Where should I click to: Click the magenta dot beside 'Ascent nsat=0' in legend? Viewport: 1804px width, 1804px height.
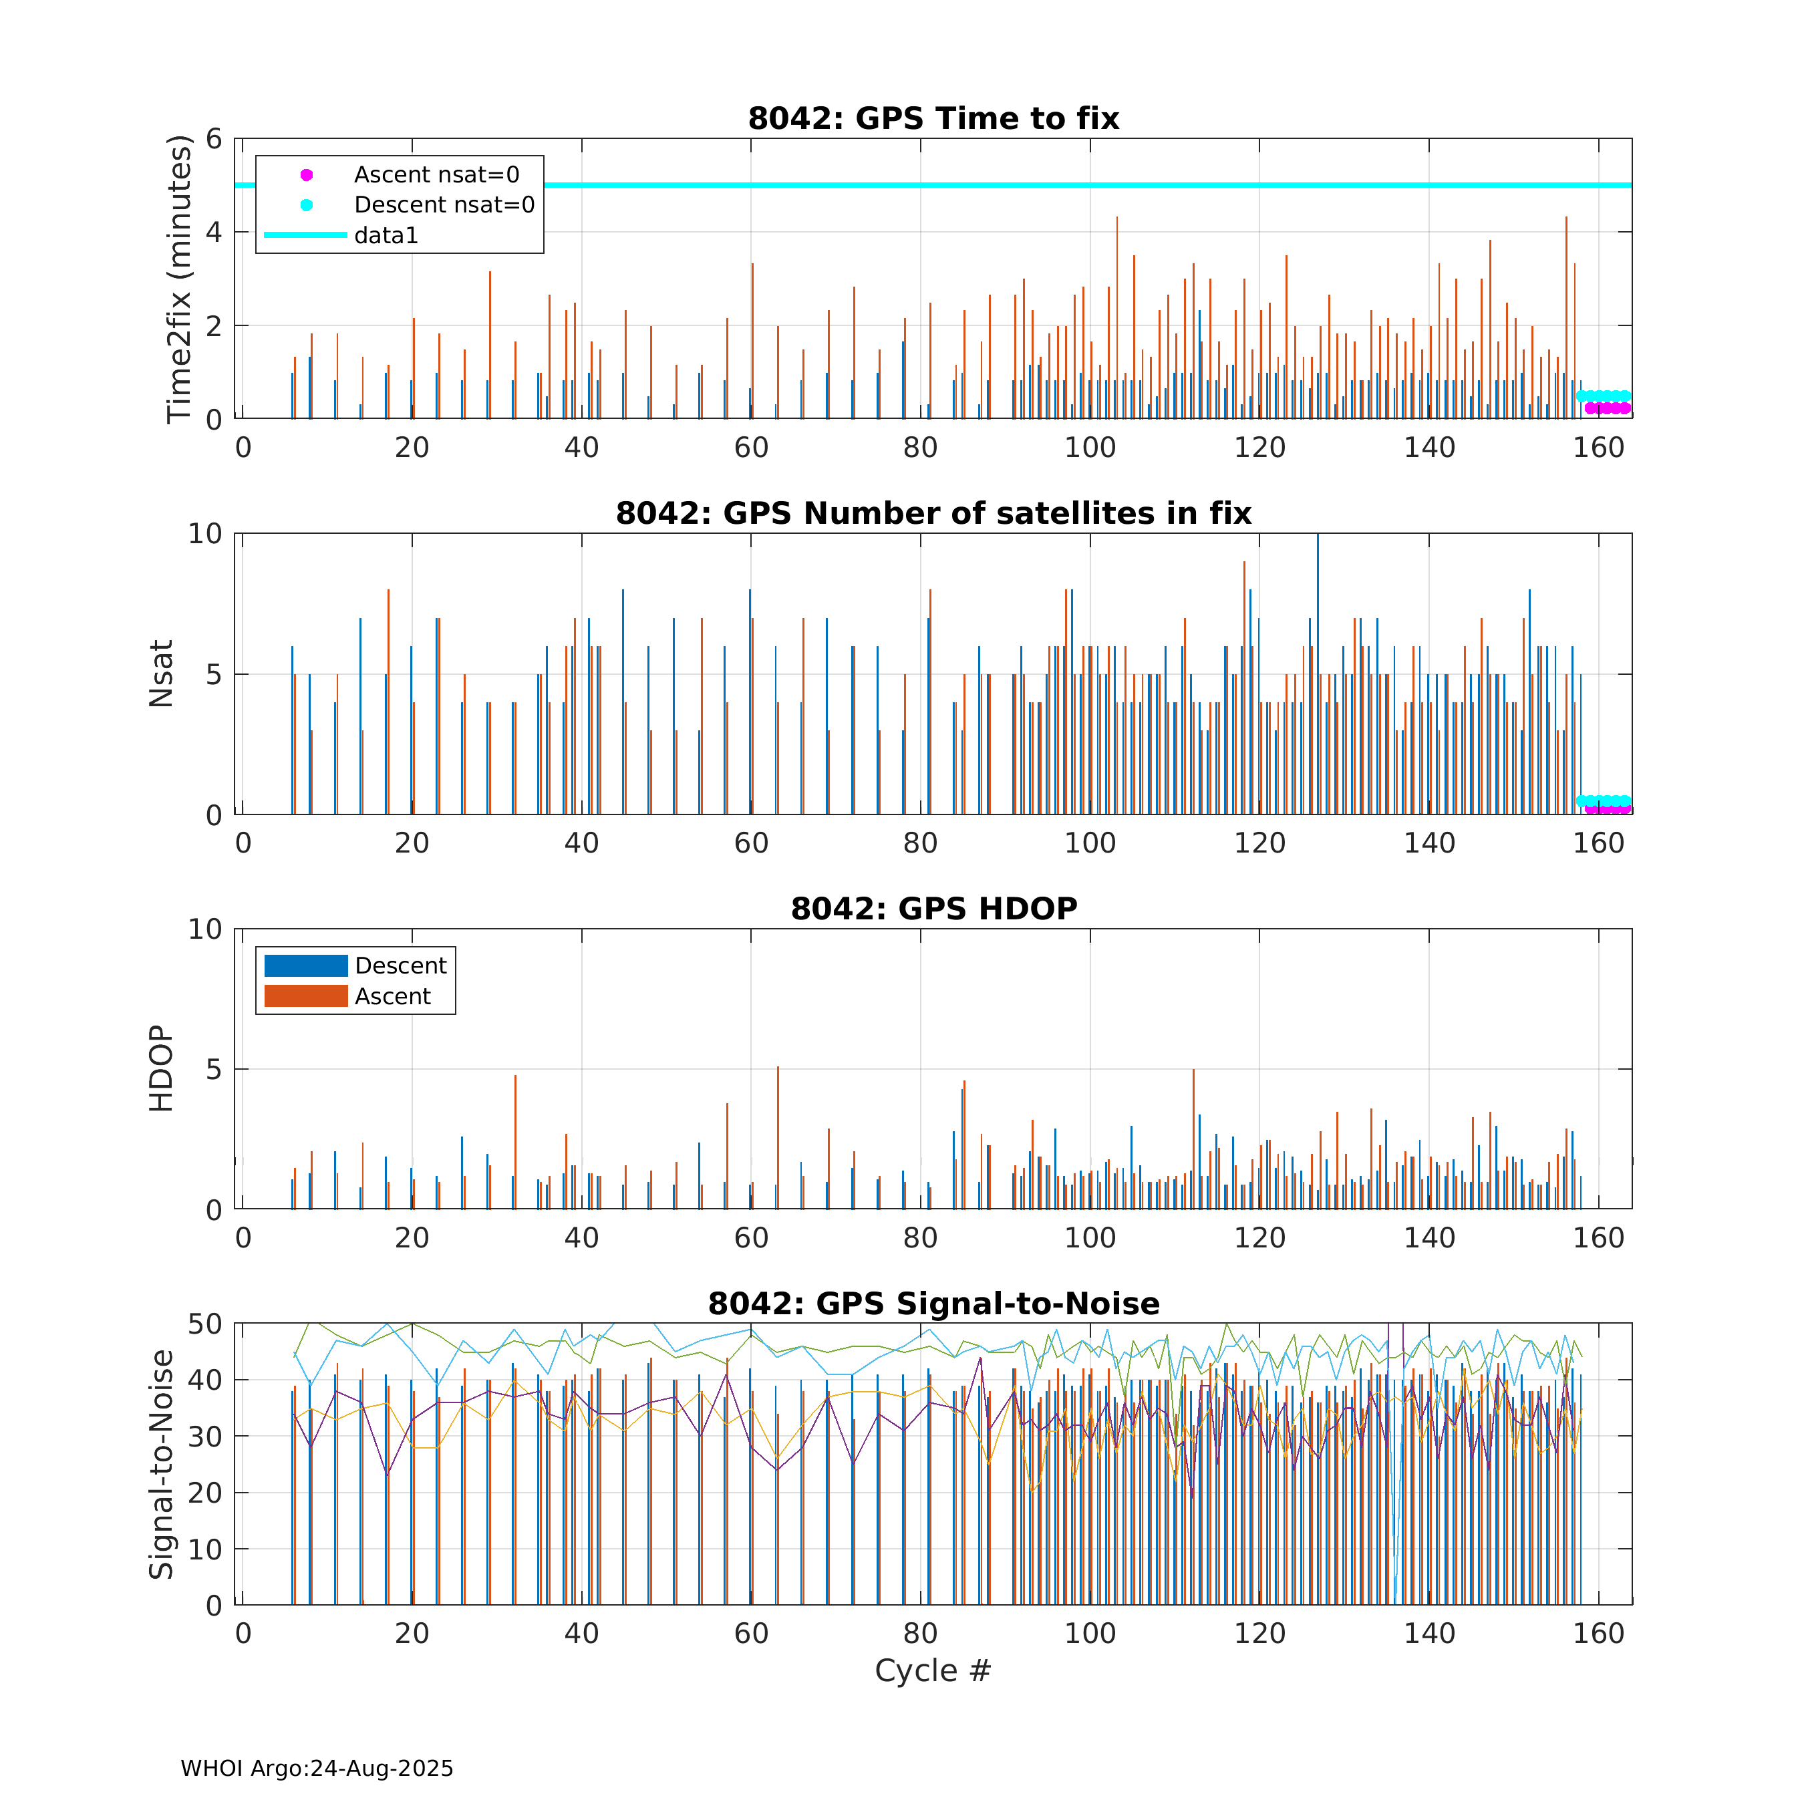coord(306,174)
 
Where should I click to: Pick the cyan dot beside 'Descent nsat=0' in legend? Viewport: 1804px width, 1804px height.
coord(306,204)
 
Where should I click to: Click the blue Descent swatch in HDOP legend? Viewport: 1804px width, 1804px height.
coord(305,965)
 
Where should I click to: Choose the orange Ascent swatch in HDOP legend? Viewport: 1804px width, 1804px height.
coord(305,996)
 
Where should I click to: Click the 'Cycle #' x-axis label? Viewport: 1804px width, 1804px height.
coord(932,1670)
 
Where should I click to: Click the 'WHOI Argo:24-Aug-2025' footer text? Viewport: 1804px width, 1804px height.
coord(317,1769)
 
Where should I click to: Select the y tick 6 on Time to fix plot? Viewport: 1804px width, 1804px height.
coord(214,139)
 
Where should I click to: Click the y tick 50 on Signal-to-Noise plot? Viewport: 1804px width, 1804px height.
coord(205,1324)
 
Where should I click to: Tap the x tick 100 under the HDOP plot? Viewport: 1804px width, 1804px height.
coord(1090,1238)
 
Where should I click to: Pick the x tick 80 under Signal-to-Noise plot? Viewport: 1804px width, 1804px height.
coord(920,1633)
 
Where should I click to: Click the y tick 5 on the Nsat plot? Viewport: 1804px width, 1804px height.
coord(214,674)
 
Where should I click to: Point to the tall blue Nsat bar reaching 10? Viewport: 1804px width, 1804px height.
coord(1318,672)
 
